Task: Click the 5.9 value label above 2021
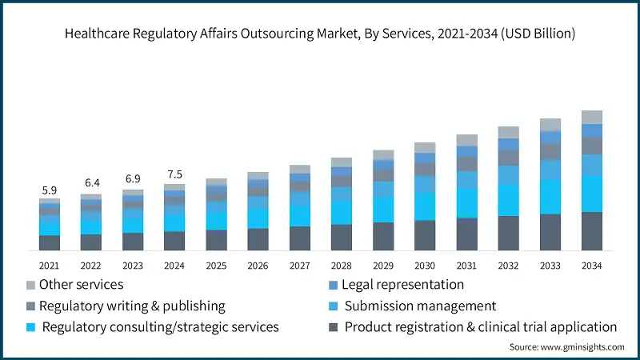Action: [50, 190]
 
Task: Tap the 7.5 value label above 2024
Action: [174, 175]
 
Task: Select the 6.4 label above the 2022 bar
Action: [91, 184]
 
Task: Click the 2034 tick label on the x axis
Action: [591, 265]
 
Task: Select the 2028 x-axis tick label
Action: [342, 265]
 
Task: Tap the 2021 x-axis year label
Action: [50, 265]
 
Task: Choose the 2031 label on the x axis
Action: [466, 265]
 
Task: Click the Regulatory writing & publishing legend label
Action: [132, 306]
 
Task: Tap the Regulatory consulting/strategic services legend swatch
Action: [31, 327]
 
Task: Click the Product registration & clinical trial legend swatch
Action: [332, 327]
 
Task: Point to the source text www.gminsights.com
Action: [566, 347]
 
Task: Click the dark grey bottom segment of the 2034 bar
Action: [591, 232]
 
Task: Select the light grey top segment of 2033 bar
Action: [550, 124]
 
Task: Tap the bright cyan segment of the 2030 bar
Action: [425, 206]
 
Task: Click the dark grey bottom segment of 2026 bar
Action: [258, 240]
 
